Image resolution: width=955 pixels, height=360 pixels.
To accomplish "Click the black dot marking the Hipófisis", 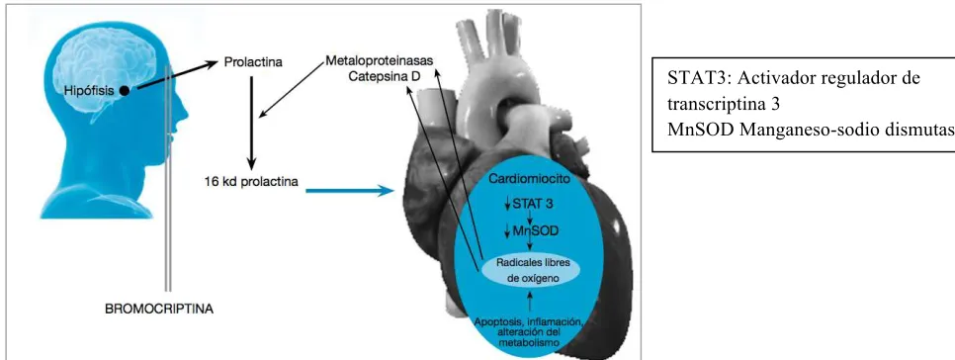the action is (125, 91).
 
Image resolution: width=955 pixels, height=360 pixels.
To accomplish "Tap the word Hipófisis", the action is (90, 91).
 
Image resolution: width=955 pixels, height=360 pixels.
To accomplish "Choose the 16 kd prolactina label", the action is (251, 182).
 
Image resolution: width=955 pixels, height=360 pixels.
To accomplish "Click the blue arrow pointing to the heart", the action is (347, 191).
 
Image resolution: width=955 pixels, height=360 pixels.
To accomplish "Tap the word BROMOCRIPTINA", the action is (159, 310).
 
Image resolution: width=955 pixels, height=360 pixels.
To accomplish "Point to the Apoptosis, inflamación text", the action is (527, 321).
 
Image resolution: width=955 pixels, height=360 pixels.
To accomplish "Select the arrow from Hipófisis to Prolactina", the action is (177, 75).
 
